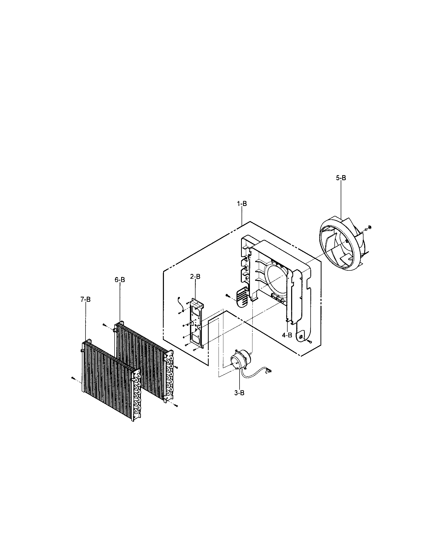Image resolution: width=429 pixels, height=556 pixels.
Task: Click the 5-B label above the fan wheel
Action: tap(341, 178)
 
